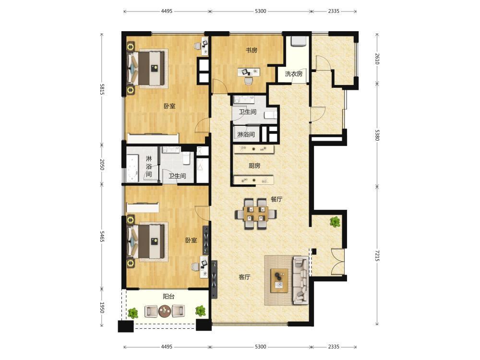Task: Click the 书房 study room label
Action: click(x=252, y=50)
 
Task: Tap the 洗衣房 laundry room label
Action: click(x=294, y=74)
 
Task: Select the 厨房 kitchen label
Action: click(x=254, y=166)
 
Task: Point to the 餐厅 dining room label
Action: click(x=276, y=199)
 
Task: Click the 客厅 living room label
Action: click(x=245, y=277)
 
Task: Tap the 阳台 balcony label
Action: click(x=168, y=296)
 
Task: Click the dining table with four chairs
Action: click(x=256, y=214)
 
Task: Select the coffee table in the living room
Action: click(x=279, y=281)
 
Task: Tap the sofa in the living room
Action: click(x=300, y=280)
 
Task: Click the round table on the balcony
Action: click(x=165, y=312)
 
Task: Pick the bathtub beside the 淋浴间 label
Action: click(x=132, y=168)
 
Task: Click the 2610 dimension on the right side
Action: click(x=377, y=59)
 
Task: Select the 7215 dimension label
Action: click(x=377, y=256)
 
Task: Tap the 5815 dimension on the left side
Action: click(x=102, y=89)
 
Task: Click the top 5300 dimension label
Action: click(x=261, y=11)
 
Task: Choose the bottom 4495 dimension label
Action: click(x=167, y=347)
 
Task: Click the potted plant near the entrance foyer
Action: click(x=335, y=221)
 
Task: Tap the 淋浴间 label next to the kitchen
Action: click(x=246, y=134)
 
